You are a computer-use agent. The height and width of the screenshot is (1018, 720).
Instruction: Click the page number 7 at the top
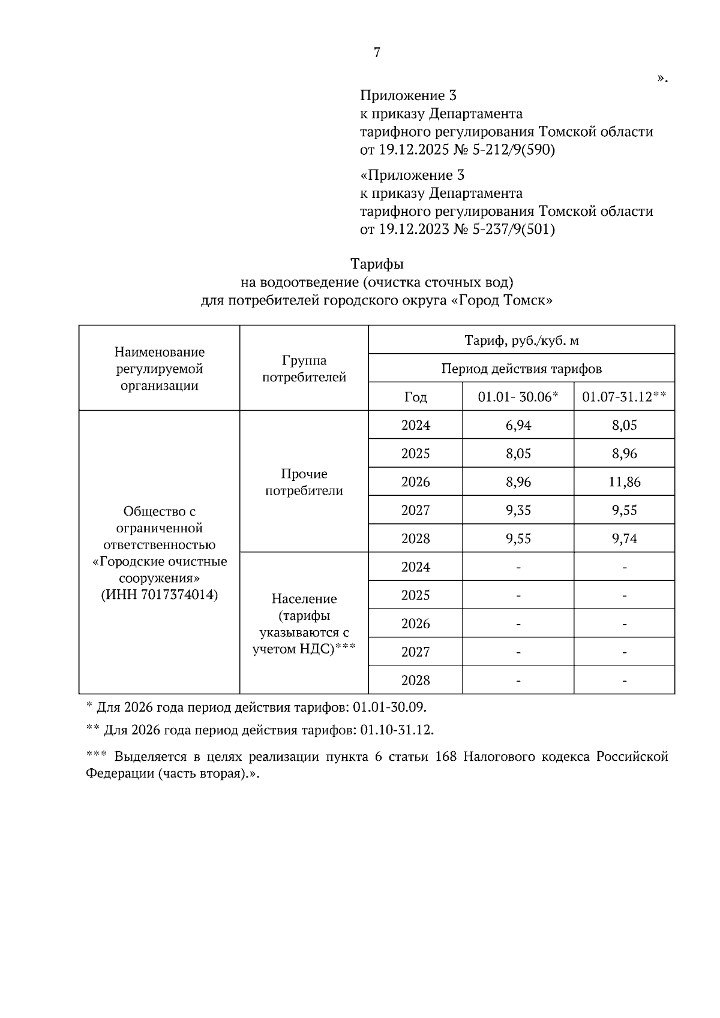377,53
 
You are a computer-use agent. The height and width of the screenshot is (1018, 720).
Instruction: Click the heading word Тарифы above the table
377,264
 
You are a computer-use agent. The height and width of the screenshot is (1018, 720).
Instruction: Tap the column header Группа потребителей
304,369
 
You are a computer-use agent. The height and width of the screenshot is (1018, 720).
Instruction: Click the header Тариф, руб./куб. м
521,341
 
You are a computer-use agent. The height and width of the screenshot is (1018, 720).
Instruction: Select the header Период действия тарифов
521,369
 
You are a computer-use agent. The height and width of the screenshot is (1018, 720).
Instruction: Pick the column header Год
416,397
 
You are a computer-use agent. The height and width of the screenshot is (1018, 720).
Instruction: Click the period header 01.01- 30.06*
518,397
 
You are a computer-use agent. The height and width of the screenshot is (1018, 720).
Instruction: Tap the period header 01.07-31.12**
625,397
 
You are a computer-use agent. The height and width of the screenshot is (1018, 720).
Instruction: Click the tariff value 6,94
518,426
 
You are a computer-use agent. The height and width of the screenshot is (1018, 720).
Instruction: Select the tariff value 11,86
625,482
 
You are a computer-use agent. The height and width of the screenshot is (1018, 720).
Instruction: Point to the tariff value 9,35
518,510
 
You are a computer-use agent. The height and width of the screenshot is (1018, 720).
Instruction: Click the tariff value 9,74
625,538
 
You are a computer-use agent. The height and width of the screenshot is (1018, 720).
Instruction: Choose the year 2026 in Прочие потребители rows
416,482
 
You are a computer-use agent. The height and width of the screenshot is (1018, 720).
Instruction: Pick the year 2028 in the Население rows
416,680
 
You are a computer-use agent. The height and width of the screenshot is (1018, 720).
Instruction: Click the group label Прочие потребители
304,482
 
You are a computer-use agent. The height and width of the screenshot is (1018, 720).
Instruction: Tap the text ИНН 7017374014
160,595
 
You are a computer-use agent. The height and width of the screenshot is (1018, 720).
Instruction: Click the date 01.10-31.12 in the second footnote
396,730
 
